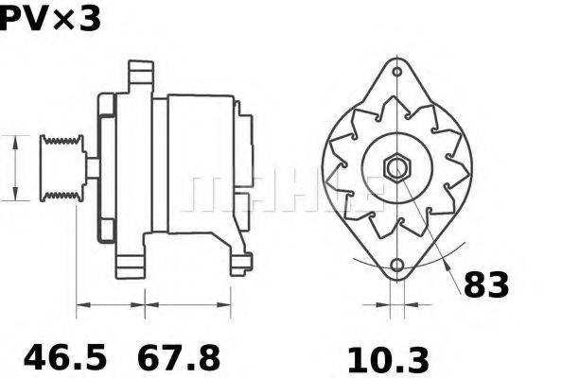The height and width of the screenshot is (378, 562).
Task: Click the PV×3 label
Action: pos(49,19)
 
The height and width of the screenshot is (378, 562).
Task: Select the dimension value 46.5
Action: pos(65,358)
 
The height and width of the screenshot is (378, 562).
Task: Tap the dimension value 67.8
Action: pos(179,358)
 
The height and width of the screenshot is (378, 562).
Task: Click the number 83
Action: pos(486,285)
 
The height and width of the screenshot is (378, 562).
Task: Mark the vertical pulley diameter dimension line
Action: pos(16,167)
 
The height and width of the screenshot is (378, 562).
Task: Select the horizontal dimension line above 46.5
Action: pos(110,304)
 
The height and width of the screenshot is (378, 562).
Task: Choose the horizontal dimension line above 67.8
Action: pos(187,304)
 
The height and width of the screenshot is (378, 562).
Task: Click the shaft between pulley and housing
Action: pos(92,167)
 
